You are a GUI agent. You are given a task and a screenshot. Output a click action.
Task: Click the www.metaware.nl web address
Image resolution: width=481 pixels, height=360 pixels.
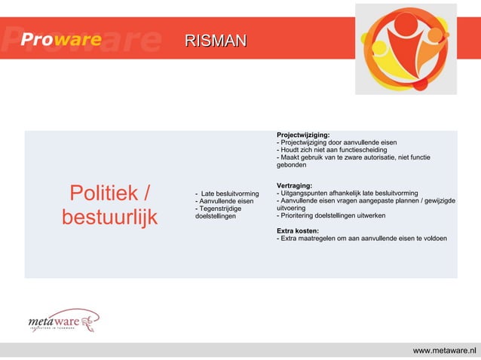coord(444,350)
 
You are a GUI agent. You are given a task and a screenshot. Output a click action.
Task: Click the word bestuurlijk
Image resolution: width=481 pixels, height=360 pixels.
coord(109,218)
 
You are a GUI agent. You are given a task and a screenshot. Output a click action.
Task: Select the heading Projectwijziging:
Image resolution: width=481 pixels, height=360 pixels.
coord(303,135)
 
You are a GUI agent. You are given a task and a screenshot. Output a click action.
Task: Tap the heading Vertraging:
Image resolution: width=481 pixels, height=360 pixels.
coord(295,185)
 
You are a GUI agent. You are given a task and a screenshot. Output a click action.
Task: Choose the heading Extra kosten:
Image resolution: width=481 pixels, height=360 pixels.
coord(298,230)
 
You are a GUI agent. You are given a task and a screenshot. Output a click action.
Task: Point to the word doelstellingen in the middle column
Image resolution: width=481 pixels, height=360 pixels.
coord(215,217)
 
